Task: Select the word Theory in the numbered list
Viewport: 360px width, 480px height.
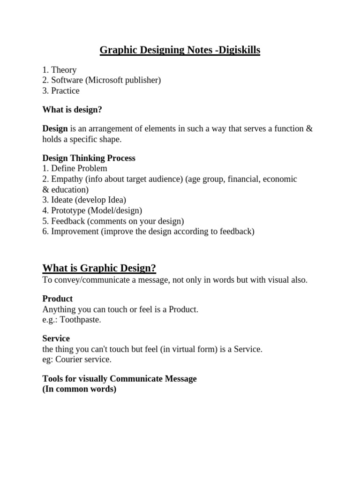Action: tap(64, 70)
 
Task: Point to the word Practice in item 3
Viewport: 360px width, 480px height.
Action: tap(65, 90)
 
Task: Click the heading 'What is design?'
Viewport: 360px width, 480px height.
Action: tap(72, 110)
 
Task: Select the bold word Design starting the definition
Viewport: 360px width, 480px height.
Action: tap(55, 128)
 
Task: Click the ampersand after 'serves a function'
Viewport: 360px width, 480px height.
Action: tap(308, 128)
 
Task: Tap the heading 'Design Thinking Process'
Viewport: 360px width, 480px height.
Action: tap(89, 158)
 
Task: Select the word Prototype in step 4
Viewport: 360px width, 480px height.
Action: tap(68, 210)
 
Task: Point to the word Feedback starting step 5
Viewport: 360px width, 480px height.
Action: tap(68, 221)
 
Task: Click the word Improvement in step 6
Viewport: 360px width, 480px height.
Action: tap(75, 231)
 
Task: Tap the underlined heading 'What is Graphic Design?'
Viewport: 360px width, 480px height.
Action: tap(99, 268)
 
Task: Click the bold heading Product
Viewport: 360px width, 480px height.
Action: tap(58, 299)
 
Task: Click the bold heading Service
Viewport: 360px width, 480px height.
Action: tap(56, 338)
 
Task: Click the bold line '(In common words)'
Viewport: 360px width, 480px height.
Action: tap(79, 389)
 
